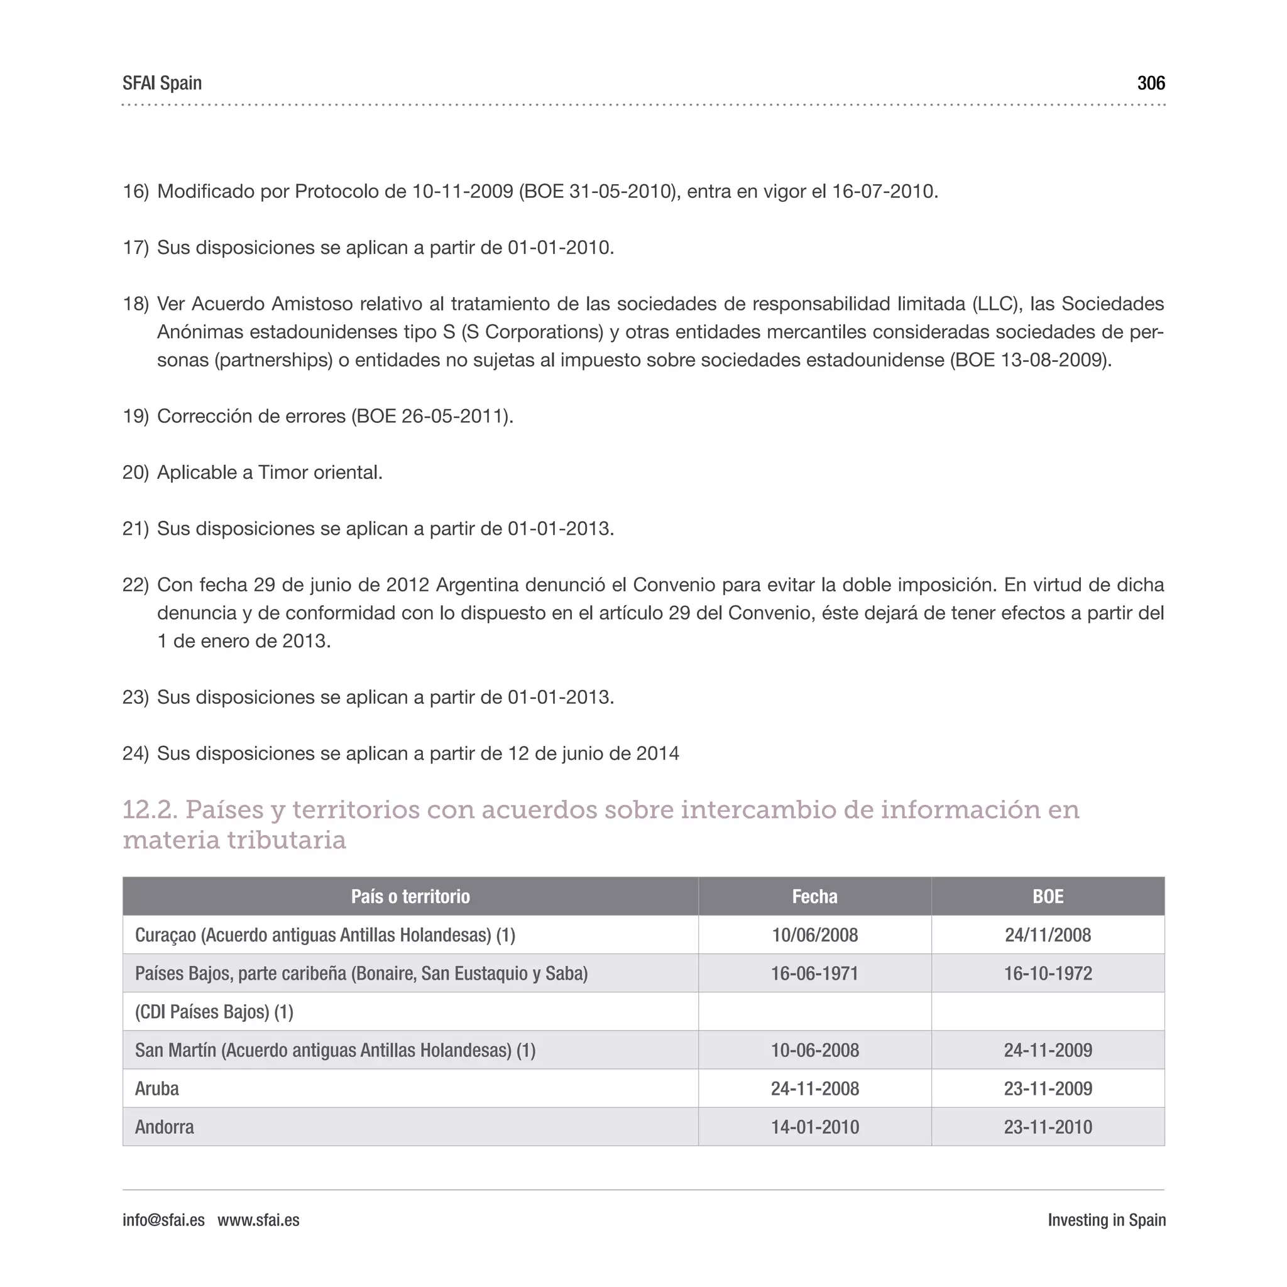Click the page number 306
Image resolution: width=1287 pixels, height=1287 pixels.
(x=1151, y=84)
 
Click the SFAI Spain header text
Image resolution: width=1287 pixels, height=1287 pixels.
(x=162, y=84)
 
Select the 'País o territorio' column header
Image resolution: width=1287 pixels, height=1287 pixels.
(x=410, y=896)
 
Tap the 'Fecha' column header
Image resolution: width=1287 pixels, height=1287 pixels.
(x=814, y=896)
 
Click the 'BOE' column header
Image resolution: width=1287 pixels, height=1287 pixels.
(x=1047, y=896)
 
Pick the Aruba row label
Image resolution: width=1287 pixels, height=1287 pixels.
(x=157, y=1088)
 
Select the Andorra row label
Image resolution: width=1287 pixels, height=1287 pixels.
(x=165, y=1127)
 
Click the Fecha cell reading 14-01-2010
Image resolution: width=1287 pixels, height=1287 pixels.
(x=814, y=1127)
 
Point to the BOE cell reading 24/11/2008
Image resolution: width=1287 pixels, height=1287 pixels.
(x=1047, y=934)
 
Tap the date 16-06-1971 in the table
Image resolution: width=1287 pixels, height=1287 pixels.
(x=814, y=973)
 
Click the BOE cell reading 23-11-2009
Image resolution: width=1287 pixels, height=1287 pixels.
(x=1047, y=1088)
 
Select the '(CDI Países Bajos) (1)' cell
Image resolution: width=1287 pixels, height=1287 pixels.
(x=214, y=1012)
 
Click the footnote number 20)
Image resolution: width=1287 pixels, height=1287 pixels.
(x=135, y=473)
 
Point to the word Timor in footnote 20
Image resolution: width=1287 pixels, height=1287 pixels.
(x=282, y=473)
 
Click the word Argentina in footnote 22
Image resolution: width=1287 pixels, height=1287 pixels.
(x=477, y=585)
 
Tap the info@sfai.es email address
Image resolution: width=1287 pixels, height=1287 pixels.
(x=163, y=1220)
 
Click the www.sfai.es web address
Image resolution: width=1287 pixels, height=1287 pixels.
(x=258, y=1220)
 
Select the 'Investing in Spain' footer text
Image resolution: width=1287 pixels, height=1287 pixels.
(x=1106, y=1220)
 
